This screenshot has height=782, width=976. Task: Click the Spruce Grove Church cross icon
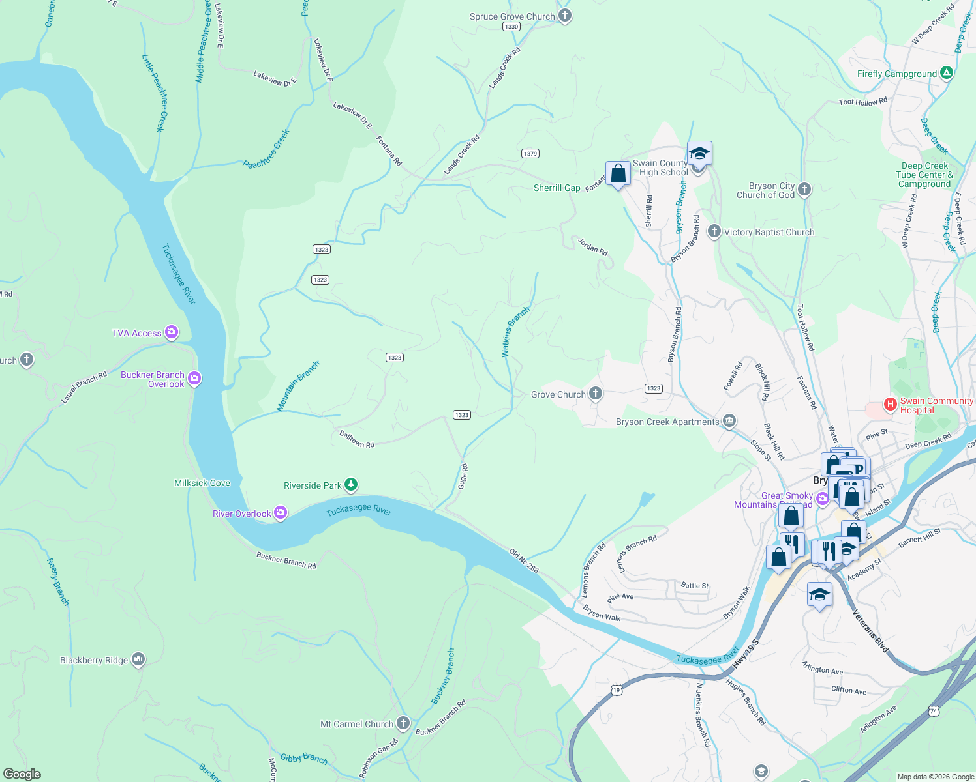(x=565, y=16)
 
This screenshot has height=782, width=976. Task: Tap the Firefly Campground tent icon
(x=947, y=74)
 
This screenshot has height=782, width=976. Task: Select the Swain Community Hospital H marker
(x=890, y=405)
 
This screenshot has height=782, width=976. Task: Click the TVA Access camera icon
(x=172, y=333)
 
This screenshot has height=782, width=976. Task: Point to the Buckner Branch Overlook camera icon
(x=194, y=379)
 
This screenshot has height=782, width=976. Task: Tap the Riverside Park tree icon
(x=351, y=485)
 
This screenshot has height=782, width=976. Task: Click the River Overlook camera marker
(x=281, y=513)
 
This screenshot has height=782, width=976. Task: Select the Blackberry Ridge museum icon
(x=138, y=660)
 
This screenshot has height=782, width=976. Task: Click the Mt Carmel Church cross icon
(x=403, y=723)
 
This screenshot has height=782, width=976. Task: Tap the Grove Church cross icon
(x=595, y=394)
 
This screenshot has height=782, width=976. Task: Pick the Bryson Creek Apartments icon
(x=729, y=421)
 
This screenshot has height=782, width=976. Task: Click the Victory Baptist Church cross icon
(x=714, y=231)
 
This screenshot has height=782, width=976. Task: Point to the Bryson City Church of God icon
(x=804, y=190)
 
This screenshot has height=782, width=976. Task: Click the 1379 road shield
(x=530, y=154)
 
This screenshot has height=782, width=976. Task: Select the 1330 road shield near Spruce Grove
(x=511, y=27)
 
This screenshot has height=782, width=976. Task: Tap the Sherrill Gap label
(x=557, y=188)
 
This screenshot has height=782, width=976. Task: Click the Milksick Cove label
(x=202, y=483)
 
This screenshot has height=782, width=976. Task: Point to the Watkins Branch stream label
(x=515, y=332)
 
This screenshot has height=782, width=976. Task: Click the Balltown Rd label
(x=357, y=440)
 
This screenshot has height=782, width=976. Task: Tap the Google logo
(x=22, y=774)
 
